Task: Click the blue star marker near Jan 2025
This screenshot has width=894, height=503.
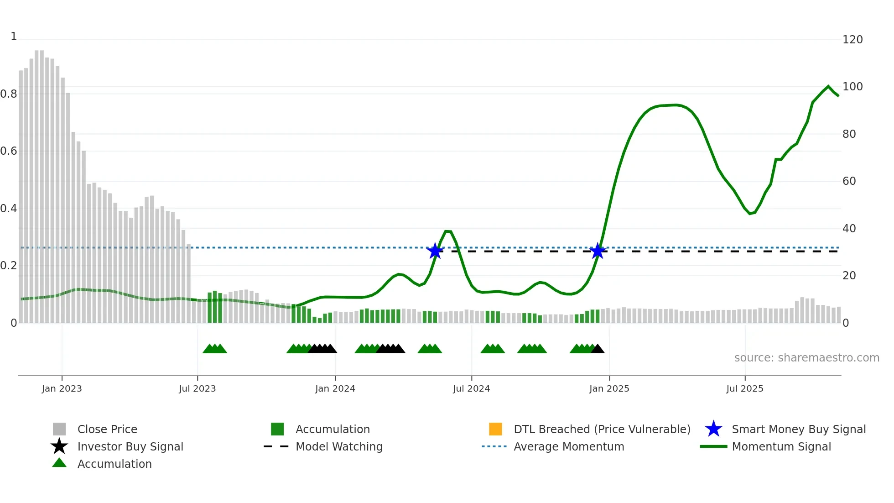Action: [x=598, y=251]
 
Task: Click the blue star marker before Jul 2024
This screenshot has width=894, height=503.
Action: [x=435, y=251]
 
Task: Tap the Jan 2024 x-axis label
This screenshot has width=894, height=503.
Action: [x=335, y=388]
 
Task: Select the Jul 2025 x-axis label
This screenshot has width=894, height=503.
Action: [x=744, y=388]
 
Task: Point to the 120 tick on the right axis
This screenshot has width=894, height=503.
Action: [x=852, y=40]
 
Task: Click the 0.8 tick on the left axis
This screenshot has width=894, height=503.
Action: [x=9, y=94]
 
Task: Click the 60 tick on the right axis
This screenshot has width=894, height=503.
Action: [x=849, y=181]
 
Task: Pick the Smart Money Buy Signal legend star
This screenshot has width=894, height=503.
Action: [x=713, y=429]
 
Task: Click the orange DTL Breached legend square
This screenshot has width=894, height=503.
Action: [x=495, y=429]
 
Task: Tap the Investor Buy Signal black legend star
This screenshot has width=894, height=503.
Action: [x=59, y=446]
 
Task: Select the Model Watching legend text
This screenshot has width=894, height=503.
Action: [x=339, y=446]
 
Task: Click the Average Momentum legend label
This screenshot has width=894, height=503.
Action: [x=569, y=446]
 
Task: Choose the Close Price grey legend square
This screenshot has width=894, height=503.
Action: [x=59, y=429]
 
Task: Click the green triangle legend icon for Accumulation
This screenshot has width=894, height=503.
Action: [x=59, y=463]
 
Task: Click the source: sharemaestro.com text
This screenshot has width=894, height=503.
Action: [x=806, y=358]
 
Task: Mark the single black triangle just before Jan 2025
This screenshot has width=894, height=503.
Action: [x=598, y=349]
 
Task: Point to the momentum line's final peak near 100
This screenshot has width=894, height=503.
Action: [x=828, y=86]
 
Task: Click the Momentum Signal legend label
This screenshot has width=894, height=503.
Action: [x=781, y=446]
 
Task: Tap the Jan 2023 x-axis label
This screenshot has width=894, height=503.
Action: [x=62, y=388]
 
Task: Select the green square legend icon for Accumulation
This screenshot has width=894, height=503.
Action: [x=277, y=429]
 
